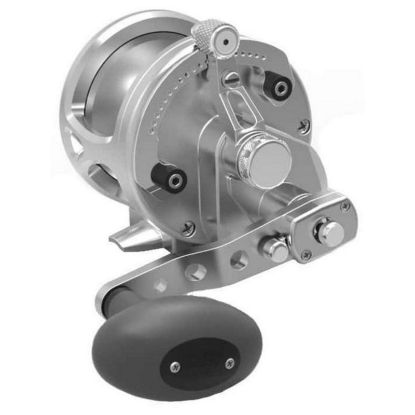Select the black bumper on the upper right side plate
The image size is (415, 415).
click(x=281, y=87)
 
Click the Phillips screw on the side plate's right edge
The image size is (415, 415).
click(x=304, y=125)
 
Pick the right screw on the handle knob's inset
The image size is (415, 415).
click(x=230, y=363)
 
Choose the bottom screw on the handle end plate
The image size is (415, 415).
click(x=307, y=254)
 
